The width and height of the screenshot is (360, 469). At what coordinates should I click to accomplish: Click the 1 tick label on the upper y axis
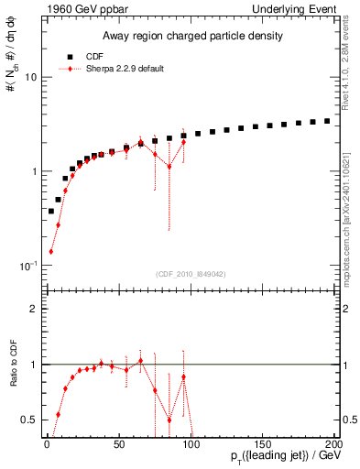pos(32,171)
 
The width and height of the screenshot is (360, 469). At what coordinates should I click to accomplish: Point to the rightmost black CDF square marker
pos(327,121)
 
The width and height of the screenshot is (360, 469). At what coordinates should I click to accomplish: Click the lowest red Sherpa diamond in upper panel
pos(50,251)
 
